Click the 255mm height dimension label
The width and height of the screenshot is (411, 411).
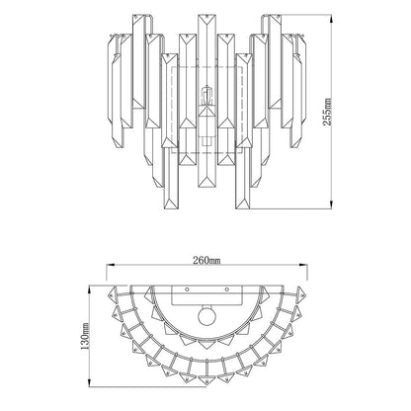pos(328,111)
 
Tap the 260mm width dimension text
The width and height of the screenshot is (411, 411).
pos(206,260)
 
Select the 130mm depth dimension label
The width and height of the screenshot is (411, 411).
pos(85,336)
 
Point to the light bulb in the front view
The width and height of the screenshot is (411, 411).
pos(206,95)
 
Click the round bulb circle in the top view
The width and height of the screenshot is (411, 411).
pos(207,317)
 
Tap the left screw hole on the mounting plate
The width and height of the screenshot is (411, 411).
pos(187,289)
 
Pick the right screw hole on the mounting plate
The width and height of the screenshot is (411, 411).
pos(227,289)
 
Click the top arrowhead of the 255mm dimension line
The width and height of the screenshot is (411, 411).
pos(331,18)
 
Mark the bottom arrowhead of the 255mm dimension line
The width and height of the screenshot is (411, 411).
pos(331,205)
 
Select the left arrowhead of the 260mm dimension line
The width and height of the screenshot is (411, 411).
pos(110,265)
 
